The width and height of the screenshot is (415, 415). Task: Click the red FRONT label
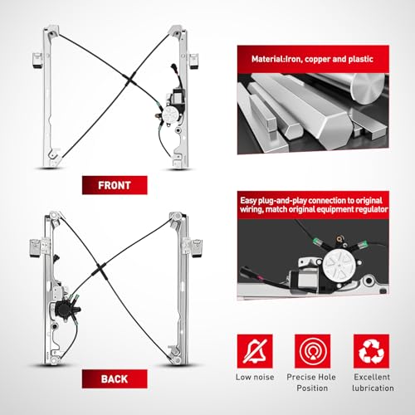coord(115,185)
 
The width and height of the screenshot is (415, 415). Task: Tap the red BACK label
coord(115,378)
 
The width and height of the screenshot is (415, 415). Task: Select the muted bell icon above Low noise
coord(255,351)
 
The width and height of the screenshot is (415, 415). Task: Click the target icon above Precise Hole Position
coord(312,351)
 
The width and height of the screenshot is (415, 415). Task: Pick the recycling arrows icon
coord(371,351)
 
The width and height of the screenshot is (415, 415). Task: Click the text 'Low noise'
coord(255,377)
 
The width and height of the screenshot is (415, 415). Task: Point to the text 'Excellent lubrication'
coord(373,383)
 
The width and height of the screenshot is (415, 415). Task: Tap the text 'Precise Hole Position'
coord(311,383)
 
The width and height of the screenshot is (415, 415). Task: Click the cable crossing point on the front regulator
coord(129,80)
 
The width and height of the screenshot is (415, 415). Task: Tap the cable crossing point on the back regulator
coord(100,267)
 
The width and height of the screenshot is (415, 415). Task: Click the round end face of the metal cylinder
coord(369,90)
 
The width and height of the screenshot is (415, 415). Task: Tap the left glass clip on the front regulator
coord(37,61)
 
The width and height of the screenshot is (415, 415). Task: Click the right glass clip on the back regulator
coord(197,248)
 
